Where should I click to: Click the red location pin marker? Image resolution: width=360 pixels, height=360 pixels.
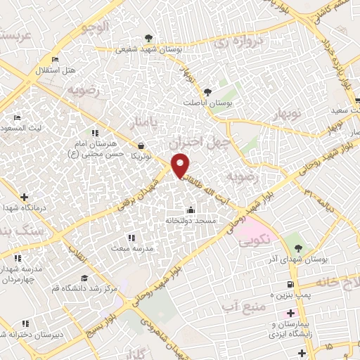pyautogui.click(x=181, y=165)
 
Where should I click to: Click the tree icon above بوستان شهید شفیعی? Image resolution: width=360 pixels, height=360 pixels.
pyautogui.click(x=148, y=39)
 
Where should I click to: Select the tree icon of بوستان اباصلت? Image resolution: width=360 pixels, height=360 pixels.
pyautogui.click(x=207, y=91)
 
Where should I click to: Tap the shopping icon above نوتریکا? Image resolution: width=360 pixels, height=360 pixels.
pyautogui.click(x=143, y=146)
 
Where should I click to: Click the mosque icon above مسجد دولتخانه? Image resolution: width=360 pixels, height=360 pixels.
pyautogui.click(x=191, y=209)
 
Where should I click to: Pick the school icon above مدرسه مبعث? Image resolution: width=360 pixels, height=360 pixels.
pyautogui.click(x=129, y=238)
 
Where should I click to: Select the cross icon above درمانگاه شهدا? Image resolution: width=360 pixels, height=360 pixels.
pyautogui.click(x=25, y=197)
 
